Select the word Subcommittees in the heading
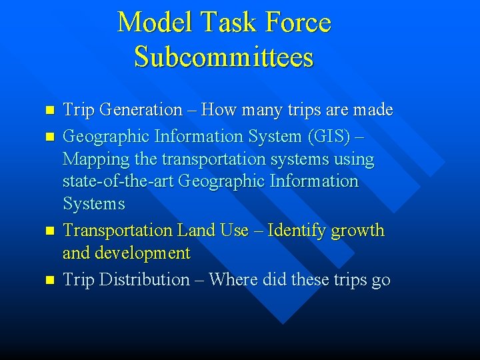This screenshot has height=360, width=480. coord(223,56)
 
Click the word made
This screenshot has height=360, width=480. coord(372,110)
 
